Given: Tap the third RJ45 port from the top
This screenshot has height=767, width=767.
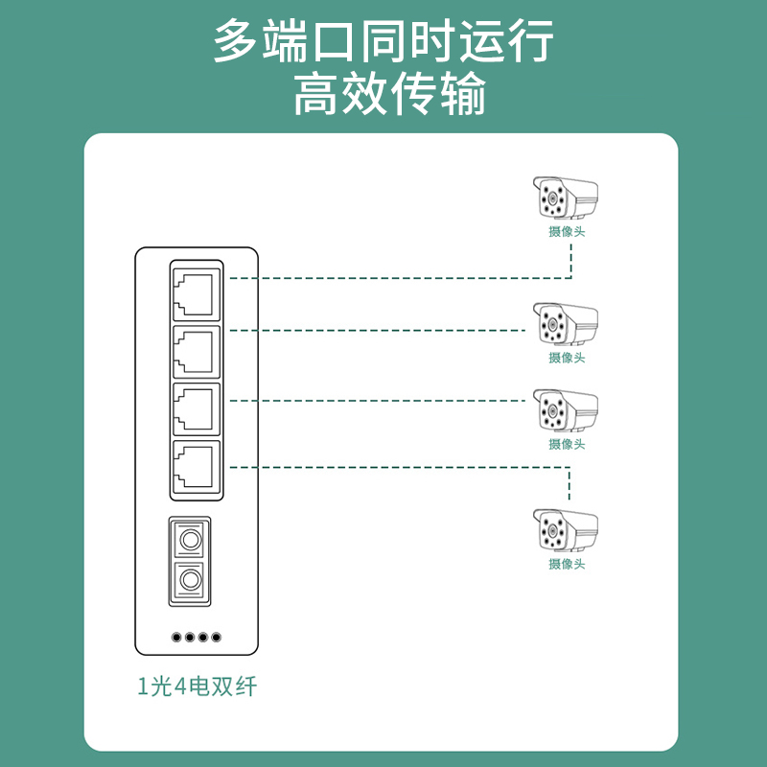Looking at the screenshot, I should [196, 409].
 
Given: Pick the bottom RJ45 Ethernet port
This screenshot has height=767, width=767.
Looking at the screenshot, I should [196, 468].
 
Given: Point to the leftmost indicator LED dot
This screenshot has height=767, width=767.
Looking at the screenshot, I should [175, 637].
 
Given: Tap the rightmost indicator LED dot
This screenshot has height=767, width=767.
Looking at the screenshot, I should [216, 637].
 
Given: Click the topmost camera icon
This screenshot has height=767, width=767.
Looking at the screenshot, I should [565, 200].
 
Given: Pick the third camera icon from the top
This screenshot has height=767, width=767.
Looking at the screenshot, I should [565, 410].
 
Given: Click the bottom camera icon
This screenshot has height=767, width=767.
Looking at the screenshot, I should [565, 530].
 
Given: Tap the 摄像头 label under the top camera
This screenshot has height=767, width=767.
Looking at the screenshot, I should [567, 232].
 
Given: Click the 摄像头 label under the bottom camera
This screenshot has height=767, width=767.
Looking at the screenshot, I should [567, 564].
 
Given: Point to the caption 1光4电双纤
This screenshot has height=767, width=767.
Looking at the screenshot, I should [198, 686].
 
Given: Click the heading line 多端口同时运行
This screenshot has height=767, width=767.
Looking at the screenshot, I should [383, 43].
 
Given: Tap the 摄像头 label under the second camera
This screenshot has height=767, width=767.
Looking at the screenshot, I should [567, 358].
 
